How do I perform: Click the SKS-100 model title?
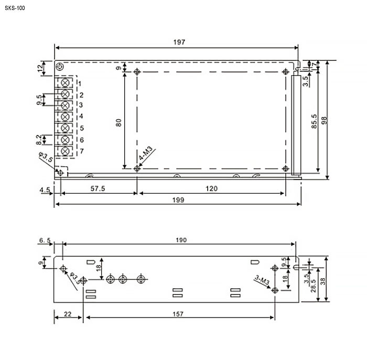[x=15, y=8]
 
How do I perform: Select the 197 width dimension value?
[x=179, y=42]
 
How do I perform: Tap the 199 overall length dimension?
[x=178, y=200]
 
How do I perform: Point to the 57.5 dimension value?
[x=98, y=188]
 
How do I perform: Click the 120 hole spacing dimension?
[x=212, y=188]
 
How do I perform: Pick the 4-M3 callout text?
[x=145, y=153]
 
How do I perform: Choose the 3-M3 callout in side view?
[x=262, y=280]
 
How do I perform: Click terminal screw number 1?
[x=65, y=82]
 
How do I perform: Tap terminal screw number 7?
[x=65, y=151]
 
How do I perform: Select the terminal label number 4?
[x=81, y=116]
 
